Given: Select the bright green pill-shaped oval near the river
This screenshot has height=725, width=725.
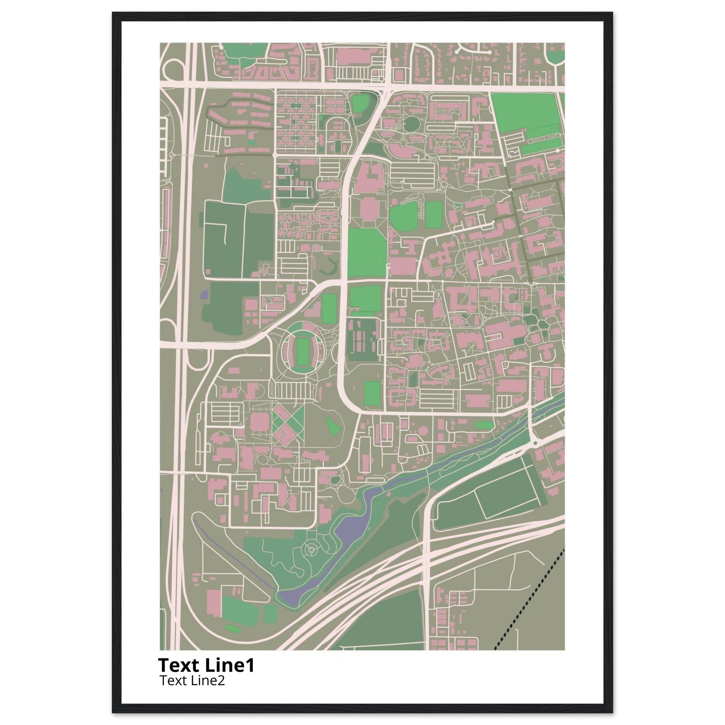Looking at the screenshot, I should click(x=484, y=425).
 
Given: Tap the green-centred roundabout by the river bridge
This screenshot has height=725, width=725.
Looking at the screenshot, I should click(x=535, y=443).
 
